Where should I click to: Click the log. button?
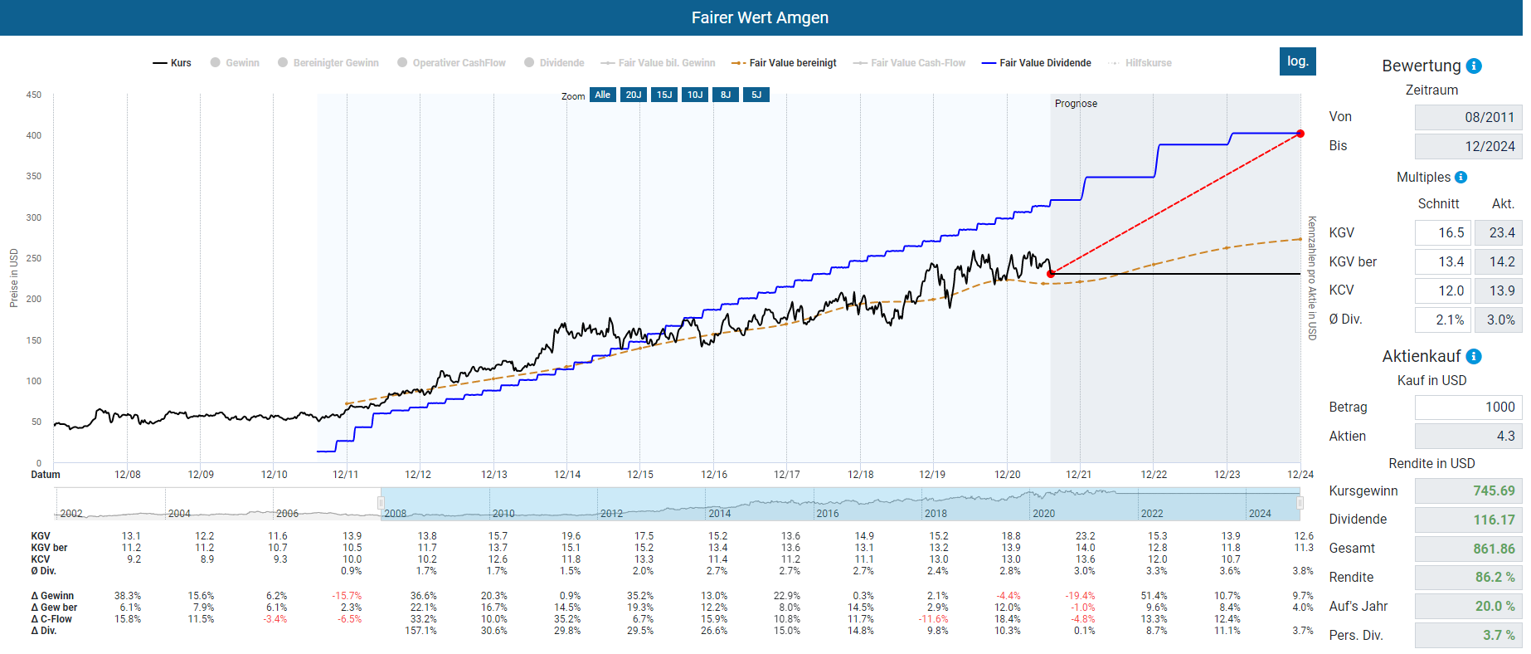click(x=1297, y=61)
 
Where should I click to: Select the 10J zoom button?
click(x=695, y=95)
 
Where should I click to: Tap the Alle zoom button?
click(x=602, y=95)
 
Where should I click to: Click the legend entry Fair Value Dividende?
click(x=1044, y=63)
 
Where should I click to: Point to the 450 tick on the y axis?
click(x=33, y=95)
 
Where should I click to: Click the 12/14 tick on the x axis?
click(x=567, y=475)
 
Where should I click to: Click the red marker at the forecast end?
click(x=1300, y=134)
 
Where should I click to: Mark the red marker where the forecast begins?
click(x=1051, y=274)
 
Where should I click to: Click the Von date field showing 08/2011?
click(x=1468, y=117)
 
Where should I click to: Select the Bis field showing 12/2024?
click(x=1468, y=146)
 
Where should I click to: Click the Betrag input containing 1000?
click(x=1468, y=407)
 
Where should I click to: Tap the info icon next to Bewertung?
click(x=1474, y=66)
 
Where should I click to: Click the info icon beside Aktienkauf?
click(x=1474, y=357)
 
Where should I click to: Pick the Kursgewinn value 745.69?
click(x=1468, y=490)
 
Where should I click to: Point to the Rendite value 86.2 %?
click(x=1468, y=577)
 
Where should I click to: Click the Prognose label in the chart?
click(x=1076, y=104)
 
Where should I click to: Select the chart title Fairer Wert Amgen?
click(x=760, y=17)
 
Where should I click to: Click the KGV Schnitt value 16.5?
click(x=1442, y=232)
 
